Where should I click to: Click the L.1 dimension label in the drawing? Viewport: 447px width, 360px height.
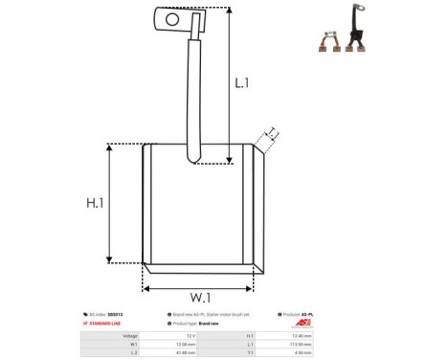pos(241,83)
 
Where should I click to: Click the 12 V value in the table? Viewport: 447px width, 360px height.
pos(192,335)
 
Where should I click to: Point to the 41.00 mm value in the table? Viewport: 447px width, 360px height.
pos(188,352)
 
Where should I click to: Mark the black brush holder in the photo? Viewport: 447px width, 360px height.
pos(362,39)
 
